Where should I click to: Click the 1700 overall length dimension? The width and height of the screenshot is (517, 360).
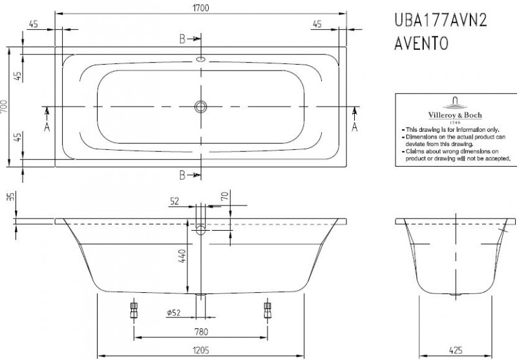click(201, 6)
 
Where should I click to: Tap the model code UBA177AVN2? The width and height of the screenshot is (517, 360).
click(440, 21)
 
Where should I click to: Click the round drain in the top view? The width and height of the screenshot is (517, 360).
click(201, 106)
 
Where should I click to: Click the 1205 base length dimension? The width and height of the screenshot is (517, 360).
click(200, 351)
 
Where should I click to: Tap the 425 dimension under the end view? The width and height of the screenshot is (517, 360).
click(455, 351)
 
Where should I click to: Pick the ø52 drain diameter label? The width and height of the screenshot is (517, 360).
click(174, 313)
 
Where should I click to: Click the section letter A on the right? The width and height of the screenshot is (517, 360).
click(354, 127)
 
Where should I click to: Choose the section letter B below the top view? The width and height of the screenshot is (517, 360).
click(183, 174)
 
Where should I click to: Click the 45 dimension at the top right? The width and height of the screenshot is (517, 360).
click(317, 25)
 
